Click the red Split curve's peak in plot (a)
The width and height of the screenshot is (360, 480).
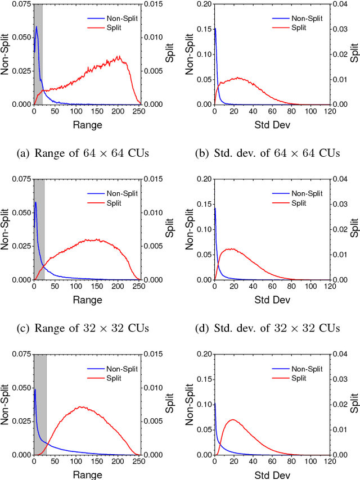[119, 56]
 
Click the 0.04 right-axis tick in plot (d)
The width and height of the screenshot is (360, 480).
[341, 179]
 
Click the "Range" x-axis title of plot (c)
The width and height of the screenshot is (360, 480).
[87, 300]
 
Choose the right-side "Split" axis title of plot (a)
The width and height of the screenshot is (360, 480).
[169, 54]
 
